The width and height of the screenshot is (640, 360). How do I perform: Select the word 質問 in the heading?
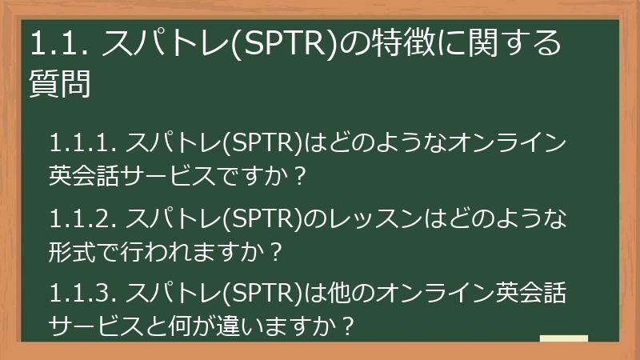click(x=59, y=83)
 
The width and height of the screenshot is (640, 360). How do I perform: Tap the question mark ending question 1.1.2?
click(x=277, y=252)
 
